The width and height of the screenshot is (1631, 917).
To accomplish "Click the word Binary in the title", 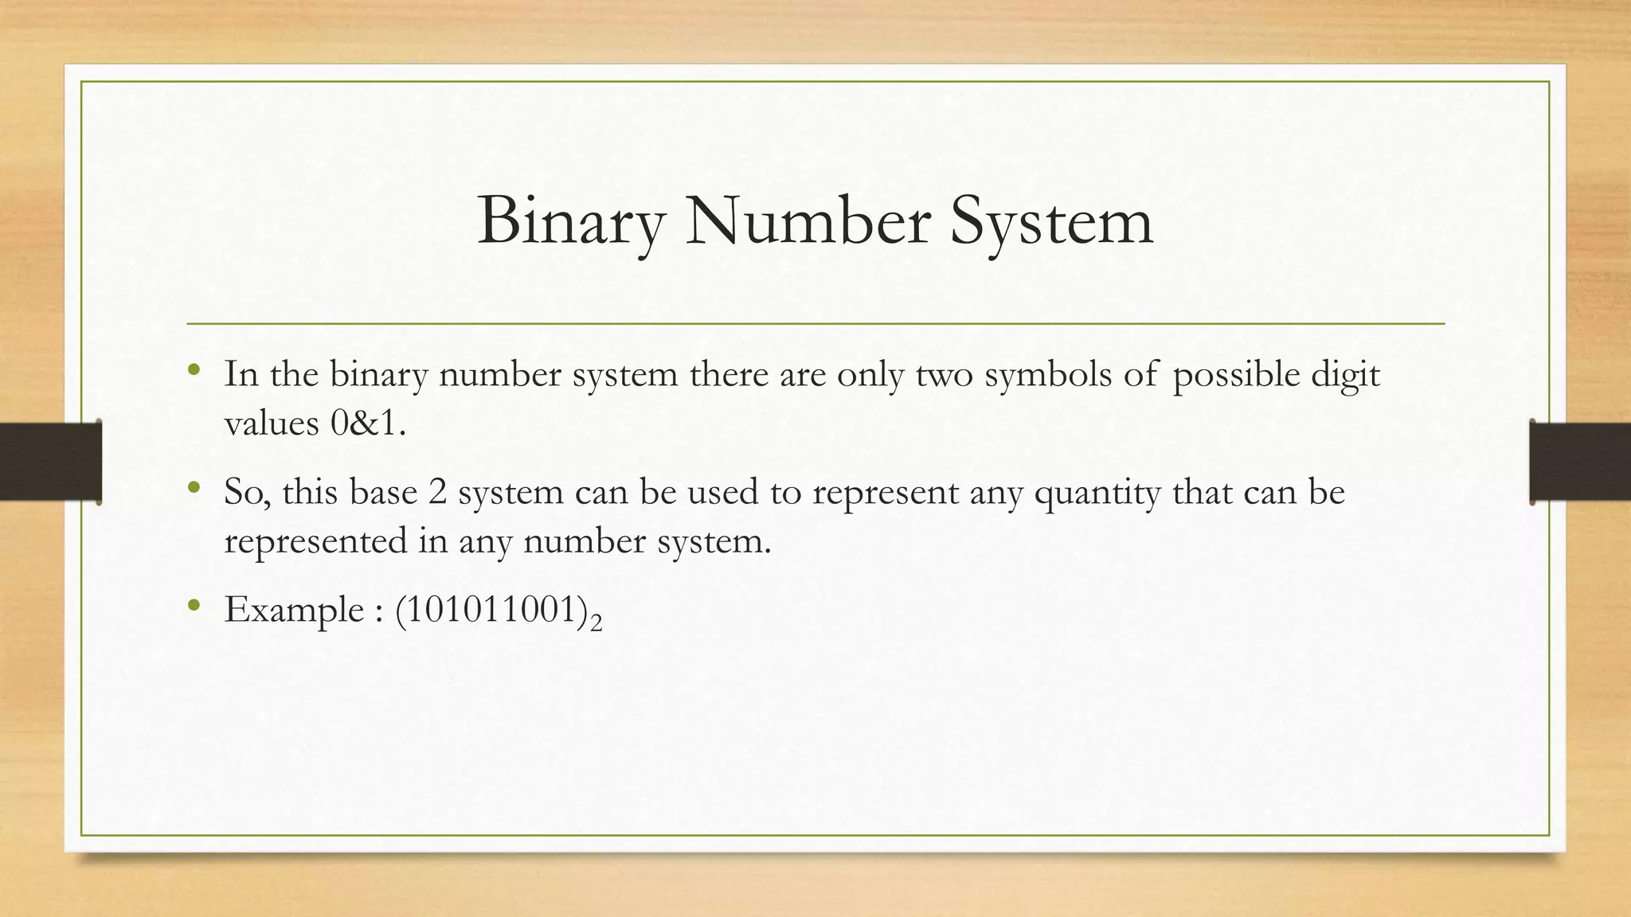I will point(570,221).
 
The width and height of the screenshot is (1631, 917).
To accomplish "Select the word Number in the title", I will point(807,221).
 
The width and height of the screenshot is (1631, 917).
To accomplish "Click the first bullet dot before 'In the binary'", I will point(193,370).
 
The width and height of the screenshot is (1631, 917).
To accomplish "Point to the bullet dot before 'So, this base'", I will point(193,488).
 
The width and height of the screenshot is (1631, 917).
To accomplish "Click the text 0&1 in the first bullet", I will point(367,423).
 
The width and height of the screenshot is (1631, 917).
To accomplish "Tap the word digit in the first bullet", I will point(1345,374).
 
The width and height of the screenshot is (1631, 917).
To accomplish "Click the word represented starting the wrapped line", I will point(315,541).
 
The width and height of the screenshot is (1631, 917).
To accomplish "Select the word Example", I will point(294,611).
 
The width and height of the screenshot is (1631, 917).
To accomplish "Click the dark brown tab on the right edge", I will point(1580,462).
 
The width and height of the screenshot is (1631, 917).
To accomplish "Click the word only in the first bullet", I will point(870,374).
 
